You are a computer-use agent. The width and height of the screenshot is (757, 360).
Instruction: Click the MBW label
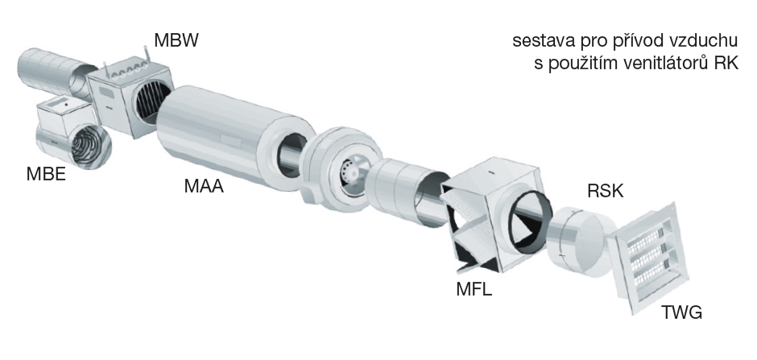(176, 40)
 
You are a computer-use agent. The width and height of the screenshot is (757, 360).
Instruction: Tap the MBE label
(47, 174)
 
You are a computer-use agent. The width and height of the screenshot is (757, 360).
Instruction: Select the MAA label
(204, 186)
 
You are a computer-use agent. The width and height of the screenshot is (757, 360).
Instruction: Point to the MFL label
(474, 289)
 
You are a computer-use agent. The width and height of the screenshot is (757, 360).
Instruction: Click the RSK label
(606, 191)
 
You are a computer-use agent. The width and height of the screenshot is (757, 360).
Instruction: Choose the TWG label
(681, 312)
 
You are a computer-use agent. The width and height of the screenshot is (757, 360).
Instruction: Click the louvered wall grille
(648, 259)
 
